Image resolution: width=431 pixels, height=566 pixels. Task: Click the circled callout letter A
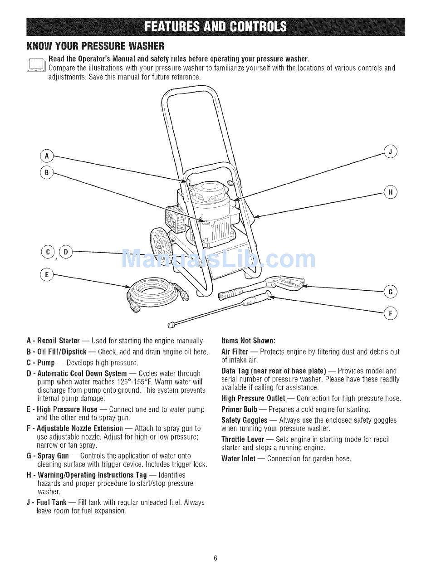point(46,156)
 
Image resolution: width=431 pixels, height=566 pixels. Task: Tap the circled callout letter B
point(46,173)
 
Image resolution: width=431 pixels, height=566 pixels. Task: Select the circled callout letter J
point(390,151)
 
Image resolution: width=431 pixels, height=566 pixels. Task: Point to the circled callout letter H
point(390,192)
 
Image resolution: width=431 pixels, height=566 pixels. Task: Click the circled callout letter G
point(390,292)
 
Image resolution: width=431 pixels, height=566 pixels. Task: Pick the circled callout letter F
point(390,313)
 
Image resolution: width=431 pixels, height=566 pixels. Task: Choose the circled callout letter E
point(46,275)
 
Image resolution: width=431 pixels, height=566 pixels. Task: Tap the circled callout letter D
point(65,252)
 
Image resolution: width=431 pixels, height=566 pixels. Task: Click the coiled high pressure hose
point(157,293)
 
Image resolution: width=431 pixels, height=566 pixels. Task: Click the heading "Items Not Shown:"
point(248,341)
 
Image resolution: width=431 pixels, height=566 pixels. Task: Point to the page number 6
point(216,557)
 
